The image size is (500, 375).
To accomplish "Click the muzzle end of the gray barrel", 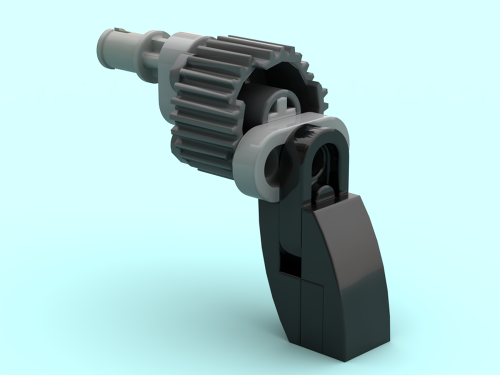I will pyautogui.click(x=106, y=48).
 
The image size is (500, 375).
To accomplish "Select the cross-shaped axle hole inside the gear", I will pyautogui.click(x=283, y=104).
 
